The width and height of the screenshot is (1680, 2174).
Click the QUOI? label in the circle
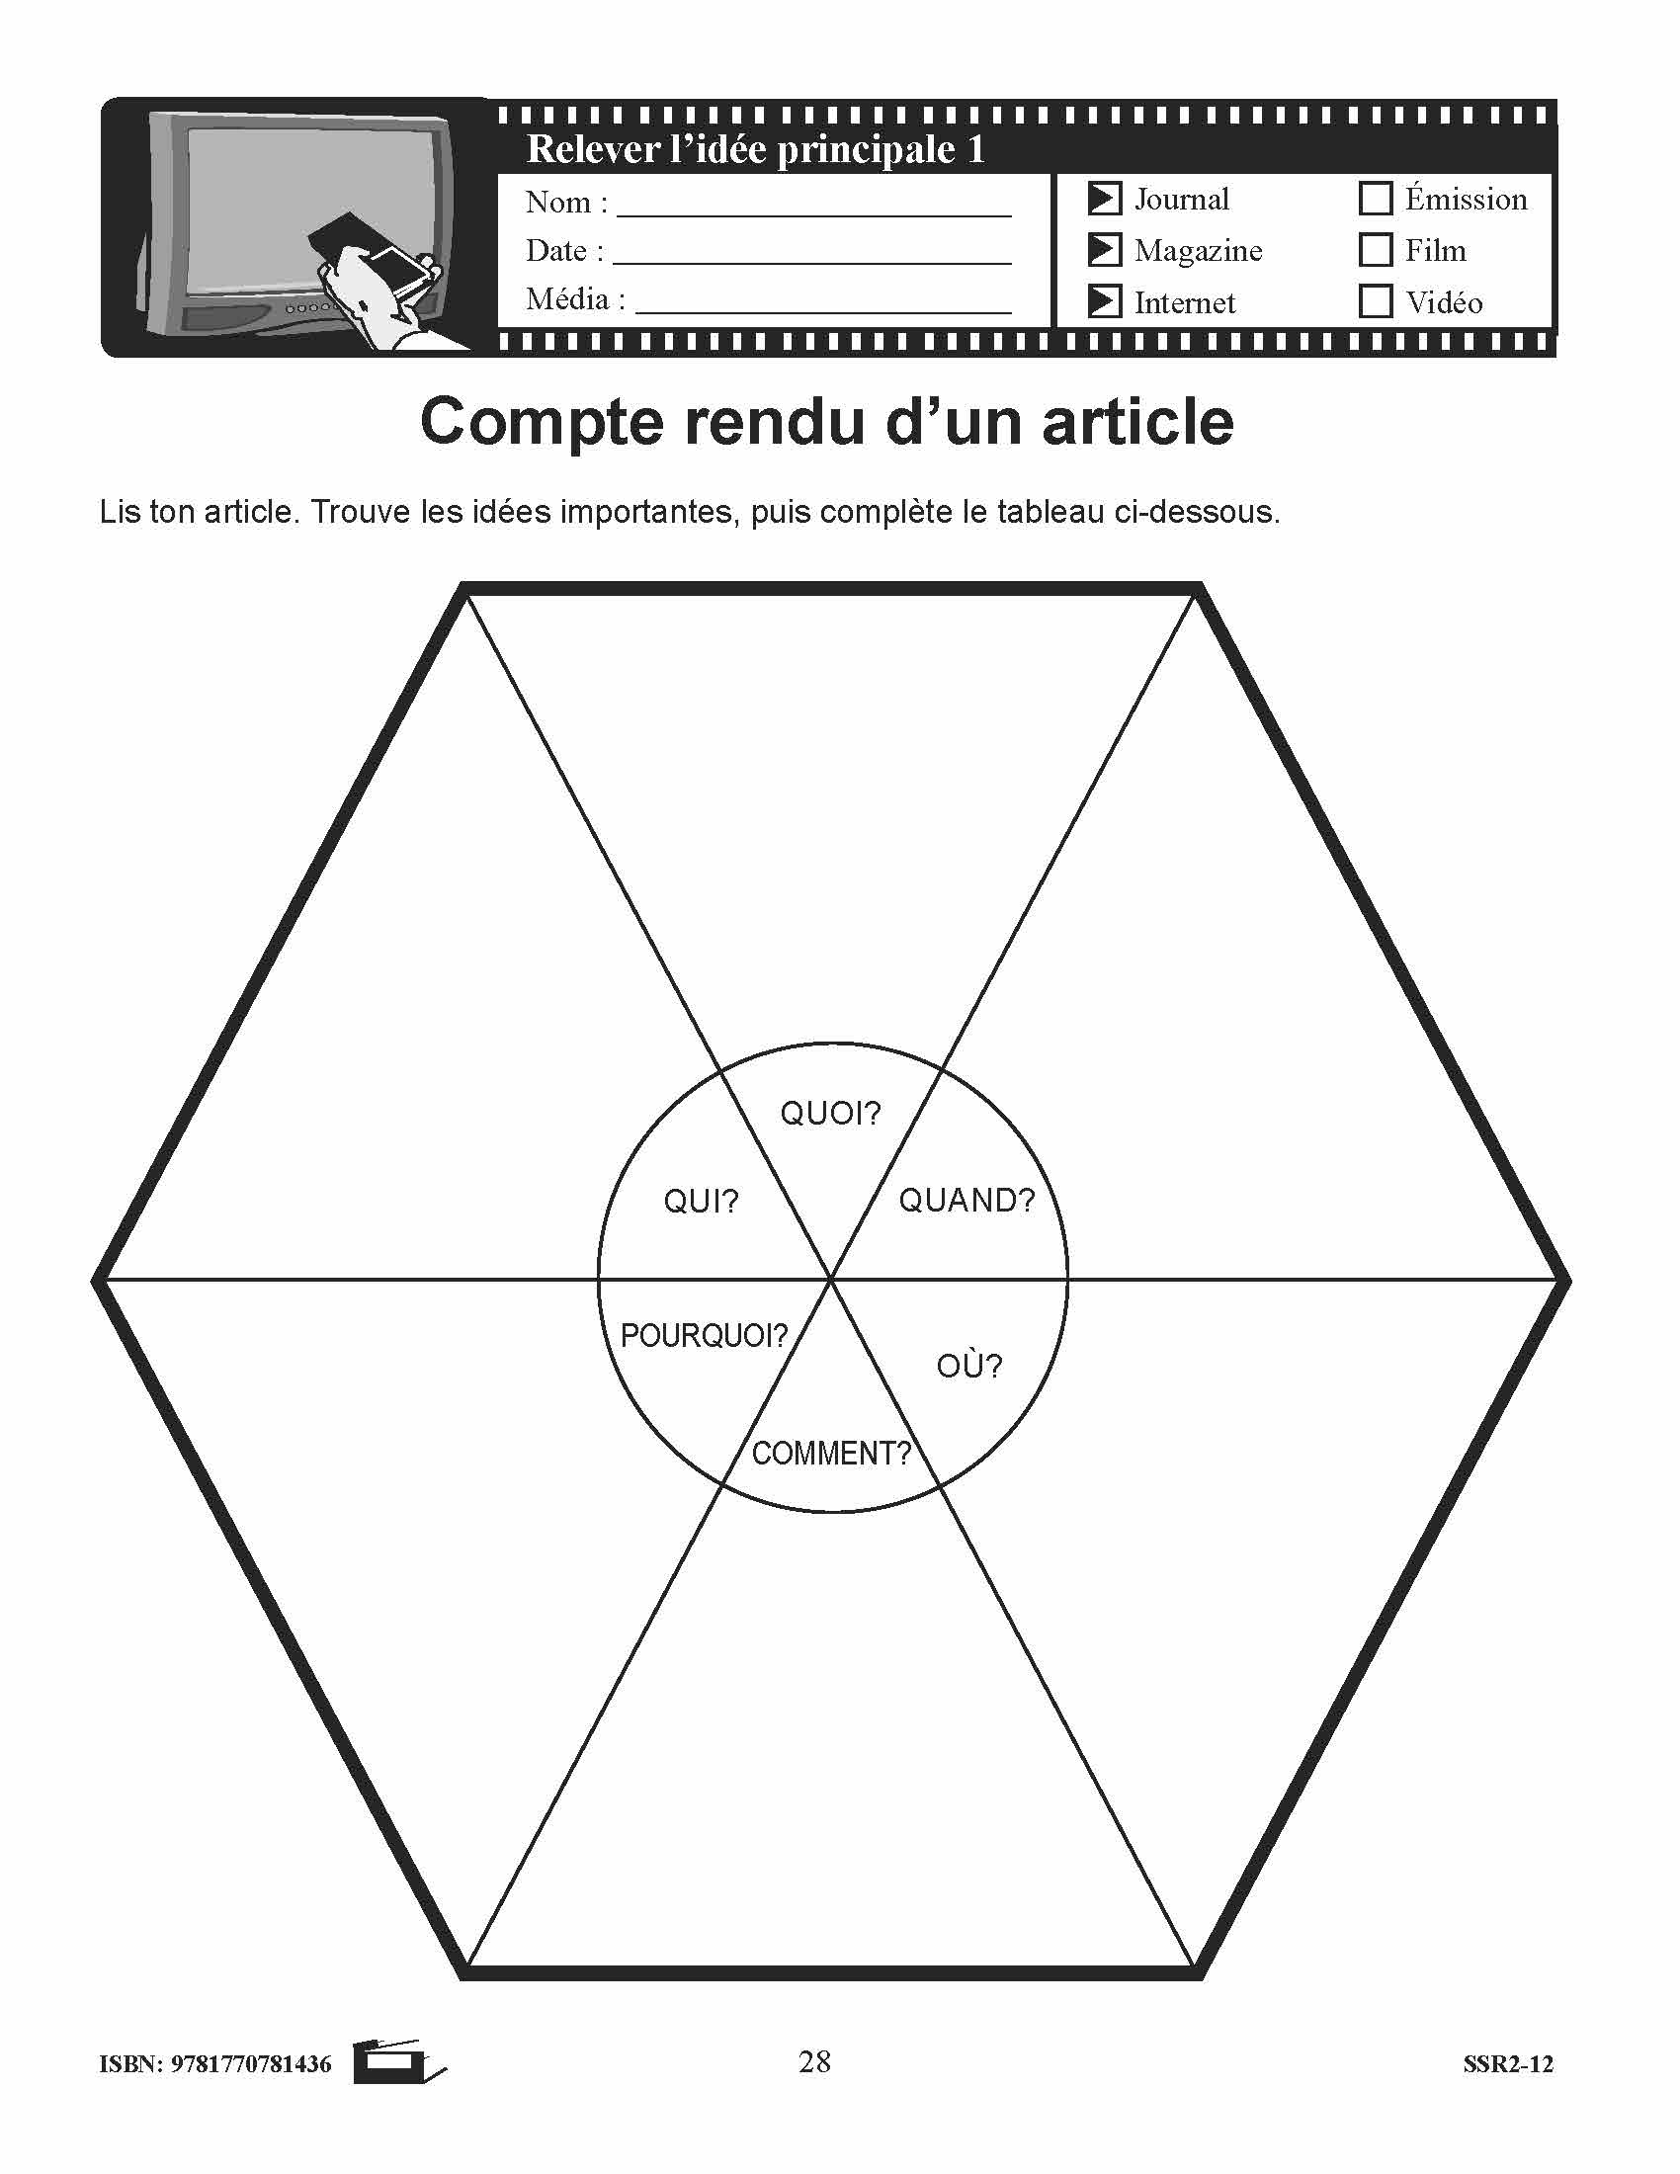(831, 1113)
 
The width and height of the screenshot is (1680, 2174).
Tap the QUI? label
(702, 1202)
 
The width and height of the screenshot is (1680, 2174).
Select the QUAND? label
(967, 1201)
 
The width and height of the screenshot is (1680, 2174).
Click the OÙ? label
(969, 1365)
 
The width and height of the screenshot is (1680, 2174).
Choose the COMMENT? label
(831, 1454)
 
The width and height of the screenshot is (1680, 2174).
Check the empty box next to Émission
(1375, 198)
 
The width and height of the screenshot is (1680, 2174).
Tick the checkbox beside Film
(1375, 249)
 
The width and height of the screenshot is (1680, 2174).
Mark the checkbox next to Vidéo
(1375, 300)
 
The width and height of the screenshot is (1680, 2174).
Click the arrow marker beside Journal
(1105, 198)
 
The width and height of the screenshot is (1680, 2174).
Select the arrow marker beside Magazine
(1105, 249)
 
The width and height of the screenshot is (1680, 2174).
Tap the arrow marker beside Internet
(1105, 300)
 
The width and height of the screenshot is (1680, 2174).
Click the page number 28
(814, 2060)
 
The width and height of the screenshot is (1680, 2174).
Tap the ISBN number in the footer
(215, 2064)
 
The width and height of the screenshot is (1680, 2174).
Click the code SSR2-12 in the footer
(1508, 2064)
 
